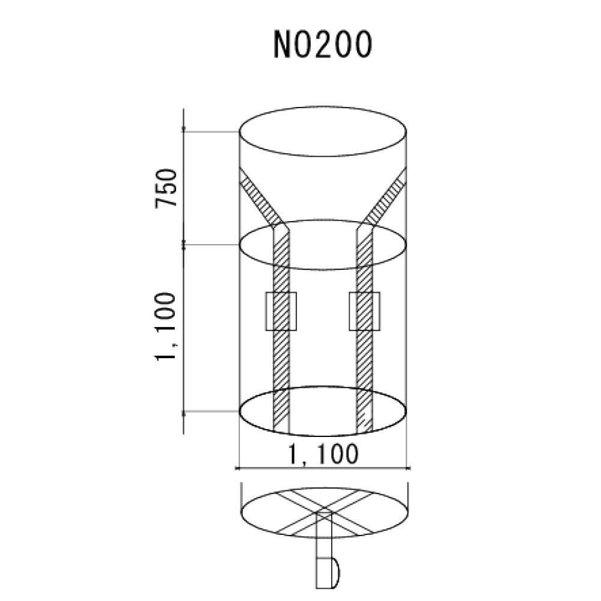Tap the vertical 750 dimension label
click(166, 189)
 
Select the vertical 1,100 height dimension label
click(165, 328)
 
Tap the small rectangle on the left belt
click(281, 311)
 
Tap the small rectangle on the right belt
click(365, 311)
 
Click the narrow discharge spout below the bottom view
click(324, 553)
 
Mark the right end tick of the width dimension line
click(409, 468)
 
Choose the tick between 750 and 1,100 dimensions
click(184, 245)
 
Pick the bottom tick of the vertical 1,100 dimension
click(184, 412)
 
